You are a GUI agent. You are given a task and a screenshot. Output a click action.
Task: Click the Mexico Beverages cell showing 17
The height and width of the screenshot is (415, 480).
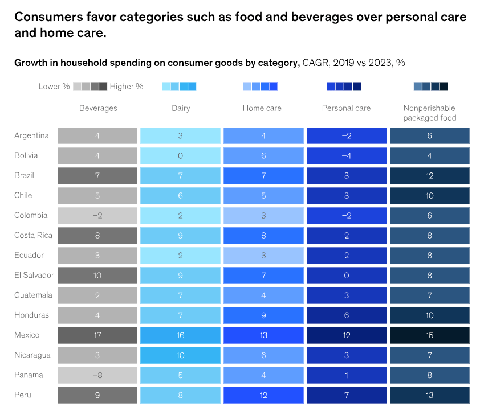point(97,335)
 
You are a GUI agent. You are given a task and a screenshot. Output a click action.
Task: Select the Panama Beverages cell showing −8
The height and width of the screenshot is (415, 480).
point(97,375)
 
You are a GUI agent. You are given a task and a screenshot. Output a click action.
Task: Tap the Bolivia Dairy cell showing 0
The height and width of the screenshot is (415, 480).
point(180,155)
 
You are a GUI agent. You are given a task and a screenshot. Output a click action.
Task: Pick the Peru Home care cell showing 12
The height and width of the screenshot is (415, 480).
point(263,395)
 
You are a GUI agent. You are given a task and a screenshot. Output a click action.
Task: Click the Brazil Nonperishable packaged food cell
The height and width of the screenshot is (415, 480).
point(429,175)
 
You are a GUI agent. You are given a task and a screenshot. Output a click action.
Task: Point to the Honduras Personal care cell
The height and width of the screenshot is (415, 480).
point(346,315)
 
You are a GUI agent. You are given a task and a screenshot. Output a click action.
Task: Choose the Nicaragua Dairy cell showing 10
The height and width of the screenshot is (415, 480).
point(180,355)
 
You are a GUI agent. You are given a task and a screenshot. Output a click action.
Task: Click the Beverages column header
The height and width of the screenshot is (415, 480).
point(98,108)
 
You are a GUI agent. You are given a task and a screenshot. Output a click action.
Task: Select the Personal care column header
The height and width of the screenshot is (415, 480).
point(346,108)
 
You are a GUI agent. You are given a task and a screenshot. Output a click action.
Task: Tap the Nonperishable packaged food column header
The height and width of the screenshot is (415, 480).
point(429,113)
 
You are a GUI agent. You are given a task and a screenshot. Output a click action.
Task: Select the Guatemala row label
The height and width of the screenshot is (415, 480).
point(33,295)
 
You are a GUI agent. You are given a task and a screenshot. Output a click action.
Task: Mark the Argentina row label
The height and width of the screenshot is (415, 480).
point(32,135)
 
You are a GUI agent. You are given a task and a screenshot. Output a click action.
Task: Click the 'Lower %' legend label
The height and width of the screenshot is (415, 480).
point(54,87)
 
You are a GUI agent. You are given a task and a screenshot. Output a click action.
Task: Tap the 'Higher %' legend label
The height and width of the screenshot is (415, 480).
point(127,87)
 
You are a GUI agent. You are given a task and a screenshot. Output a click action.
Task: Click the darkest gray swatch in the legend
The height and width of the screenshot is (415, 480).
point(103,87)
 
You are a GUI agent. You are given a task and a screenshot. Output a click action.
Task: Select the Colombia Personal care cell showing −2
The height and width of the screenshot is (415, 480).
point(346,215)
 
